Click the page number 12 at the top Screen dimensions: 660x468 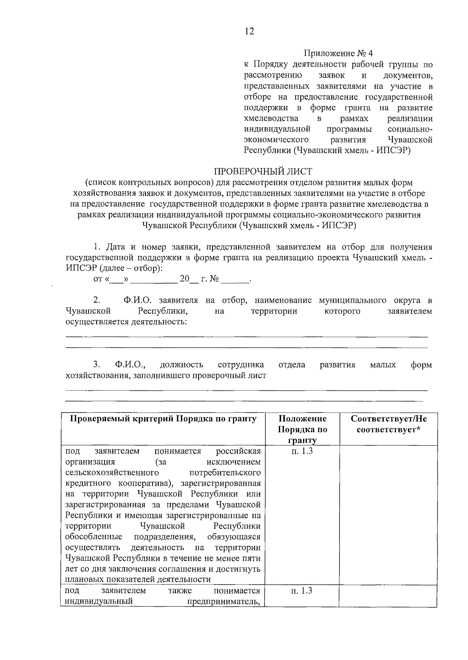click(x=249, y=32)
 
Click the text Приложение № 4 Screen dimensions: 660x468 click(x=339, y=53)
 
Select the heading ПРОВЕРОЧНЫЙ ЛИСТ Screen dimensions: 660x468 click(x=263, y=171)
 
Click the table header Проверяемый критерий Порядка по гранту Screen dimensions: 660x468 click(x=163, y=419)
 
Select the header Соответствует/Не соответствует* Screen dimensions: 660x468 click(x=388, y=424)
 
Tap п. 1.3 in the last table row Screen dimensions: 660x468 click(x=301, y=591)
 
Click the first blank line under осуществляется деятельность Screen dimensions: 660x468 click(x=246, y=336)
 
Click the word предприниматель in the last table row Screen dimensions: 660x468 click(x=223, y=601)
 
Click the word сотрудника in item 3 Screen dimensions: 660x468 click(x=241, y=365)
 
